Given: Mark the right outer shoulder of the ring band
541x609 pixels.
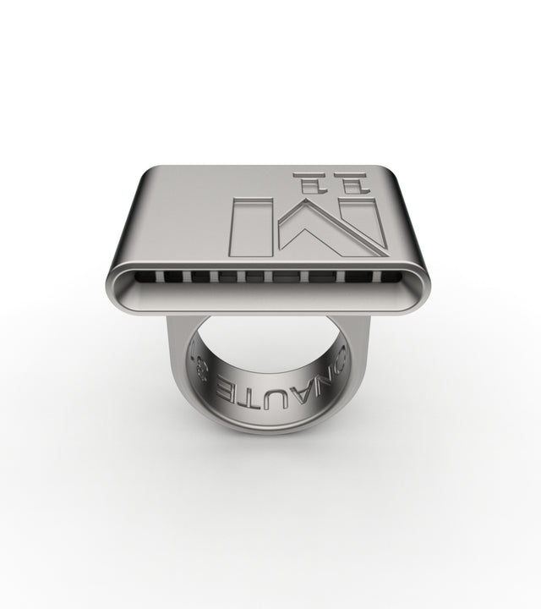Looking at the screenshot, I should click(362, 372).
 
